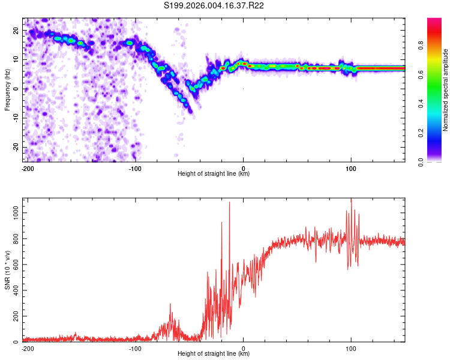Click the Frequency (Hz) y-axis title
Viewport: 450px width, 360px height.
coord(8,89)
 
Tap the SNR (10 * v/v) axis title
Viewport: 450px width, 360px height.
coord(8,269)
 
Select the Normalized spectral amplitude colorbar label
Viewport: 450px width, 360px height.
coord(446,90)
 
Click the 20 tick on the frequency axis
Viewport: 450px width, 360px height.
coord(16,30)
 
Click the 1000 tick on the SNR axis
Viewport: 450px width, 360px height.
coord(13,212)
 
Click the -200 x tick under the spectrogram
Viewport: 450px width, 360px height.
coord(27,168)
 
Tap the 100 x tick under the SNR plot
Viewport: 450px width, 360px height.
coord(351,348)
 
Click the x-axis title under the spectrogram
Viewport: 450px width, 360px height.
coord(214,174)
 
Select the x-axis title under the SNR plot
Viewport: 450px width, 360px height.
coord(214,354)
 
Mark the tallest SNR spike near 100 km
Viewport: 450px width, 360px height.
coord(351,200)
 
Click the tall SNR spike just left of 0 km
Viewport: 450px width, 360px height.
coord(229,203)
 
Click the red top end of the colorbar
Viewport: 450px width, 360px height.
coord(434,20)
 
